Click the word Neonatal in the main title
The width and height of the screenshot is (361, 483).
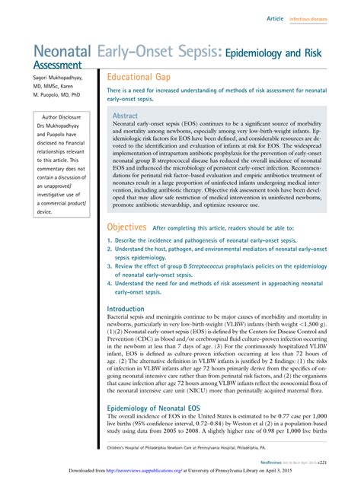(x=60, y=52)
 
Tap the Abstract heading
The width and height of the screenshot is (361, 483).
(x=125, y=116)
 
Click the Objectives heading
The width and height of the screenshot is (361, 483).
(x=126, y=227)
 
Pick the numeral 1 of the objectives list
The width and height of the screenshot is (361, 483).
(x=110, y=240)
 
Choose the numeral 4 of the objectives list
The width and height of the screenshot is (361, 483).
(x=110, y=283)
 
